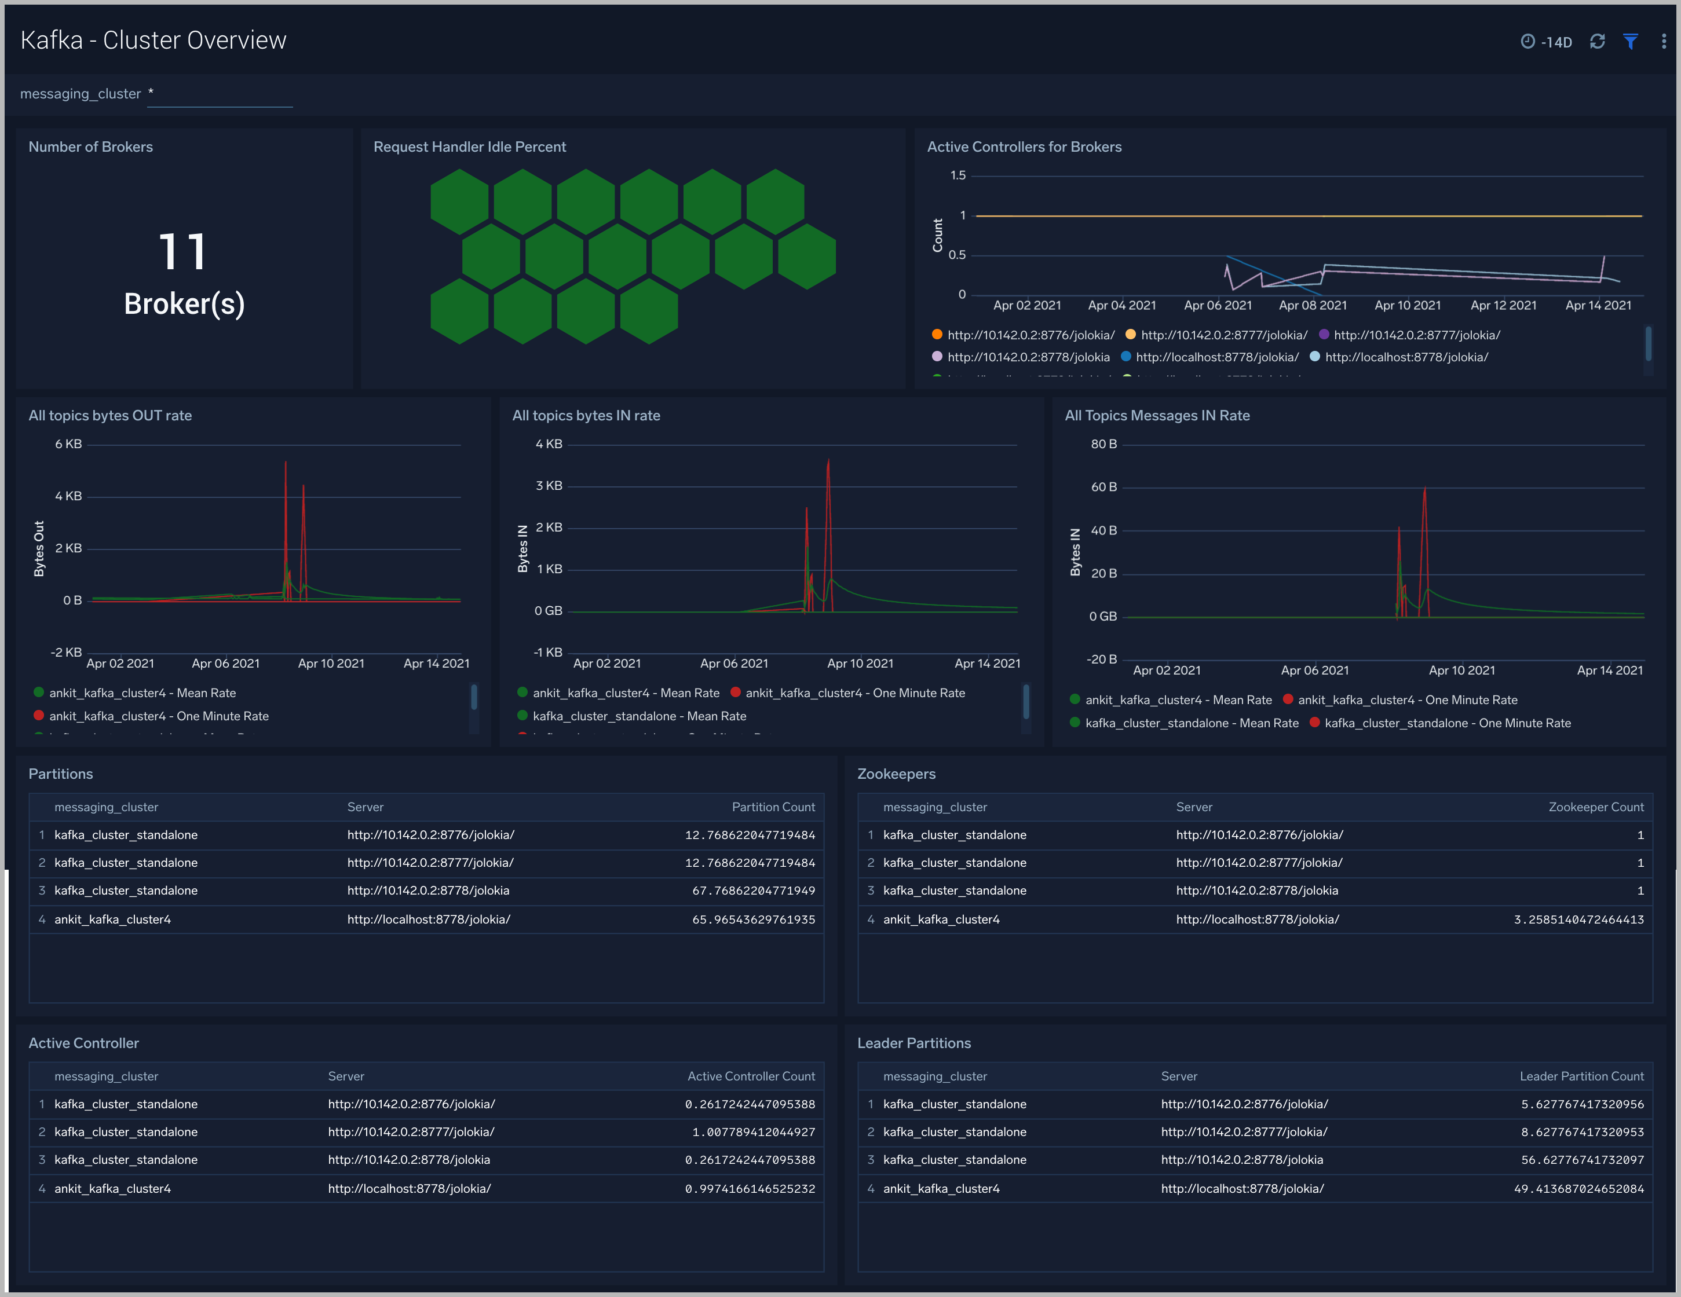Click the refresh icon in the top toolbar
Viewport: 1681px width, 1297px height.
point(1597,42)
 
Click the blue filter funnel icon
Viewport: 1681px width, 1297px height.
point(1630,42)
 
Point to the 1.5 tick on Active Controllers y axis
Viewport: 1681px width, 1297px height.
point(958,175)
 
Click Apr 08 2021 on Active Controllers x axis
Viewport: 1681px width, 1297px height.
point(1313,305)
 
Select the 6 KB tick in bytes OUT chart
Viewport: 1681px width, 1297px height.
point(68,444)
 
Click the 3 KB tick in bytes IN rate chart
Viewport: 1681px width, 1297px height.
point(549,485)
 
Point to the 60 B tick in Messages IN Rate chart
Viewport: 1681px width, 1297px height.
point(1103,487)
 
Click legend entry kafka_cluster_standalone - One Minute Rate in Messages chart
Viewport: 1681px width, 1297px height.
point(1447,723)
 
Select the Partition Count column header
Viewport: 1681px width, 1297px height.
point(773,807)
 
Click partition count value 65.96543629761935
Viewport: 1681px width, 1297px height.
point(753,919)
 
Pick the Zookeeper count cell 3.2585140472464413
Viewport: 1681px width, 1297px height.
point(1578,919)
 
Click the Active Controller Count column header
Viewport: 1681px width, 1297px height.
point(751,1076)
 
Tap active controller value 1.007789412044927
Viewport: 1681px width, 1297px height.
point(753,1131)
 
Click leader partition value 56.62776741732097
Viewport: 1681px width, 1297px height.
point(1582,1159)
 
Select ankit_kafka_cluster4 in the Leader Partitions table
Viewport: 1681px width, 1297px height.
point(941,1189)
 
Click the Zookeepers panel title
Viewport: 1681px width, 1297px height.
point(896,774)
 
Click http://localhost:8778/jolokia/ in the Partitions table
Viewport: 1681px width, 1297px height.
point(429,919)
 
